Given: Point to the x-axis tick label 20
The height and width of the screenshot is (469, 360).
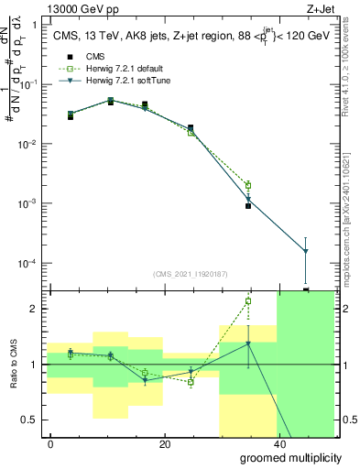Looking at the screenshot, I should [x=164, y=443].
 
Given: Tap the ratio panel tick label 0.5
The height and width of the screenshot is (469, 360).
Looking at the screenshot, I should [x=31, y=420].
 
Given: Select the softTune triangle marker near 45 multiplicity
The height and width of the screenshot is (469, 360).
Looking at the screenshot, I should [x=305, y=251].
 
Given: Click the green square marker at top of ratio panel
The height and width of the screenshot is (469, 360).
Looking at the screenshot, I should [x=248, y=300].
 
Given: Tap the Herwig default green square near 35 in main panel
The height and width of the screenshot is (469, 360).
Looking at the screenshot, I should [x=248, y=185].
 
